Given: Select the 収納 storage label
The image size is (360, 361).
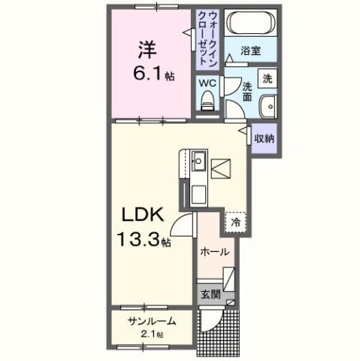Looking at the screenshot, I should point(263,138).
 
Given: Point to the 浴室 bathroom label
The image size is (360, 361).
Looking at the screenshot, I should point(250,52).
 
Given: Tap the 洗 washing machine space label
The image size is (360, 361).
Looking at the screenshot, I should point(267,78).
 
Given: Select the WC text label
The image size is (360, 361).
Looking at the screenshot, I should point(208,83).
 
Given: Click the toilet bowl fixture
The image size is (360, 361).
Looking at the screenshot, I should point(208,100).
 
